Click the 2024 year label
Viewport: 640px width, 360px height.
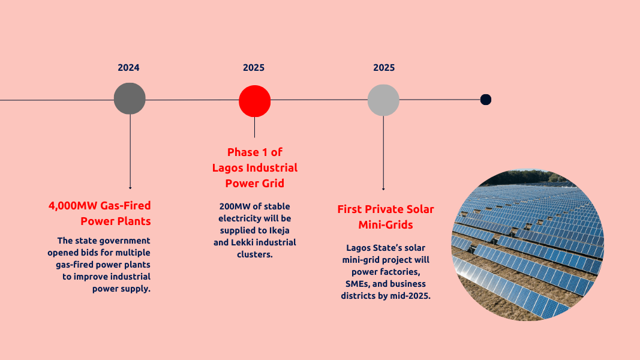128,68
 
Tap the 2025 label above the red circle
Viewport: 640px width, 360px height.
254,68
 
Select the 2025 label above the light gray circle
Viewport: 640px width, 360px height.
384,68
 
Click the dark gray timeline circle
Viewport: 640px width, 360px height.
130,99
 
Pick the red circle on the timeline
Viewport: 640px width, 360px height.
255,101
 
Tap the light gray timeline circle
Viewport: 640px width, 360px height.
383,100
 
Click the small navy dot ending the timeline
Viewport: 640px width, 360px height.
486,100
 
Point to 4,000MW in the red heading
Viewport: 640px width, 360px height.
73,206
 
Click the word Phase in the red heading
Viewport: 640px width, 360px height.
243,152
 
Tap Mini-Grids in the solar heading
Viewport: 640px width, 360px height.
386,225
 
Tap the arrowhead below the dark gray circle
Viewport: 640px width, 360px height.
130,188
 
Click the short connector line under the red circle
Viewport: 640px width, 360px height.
255,127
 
